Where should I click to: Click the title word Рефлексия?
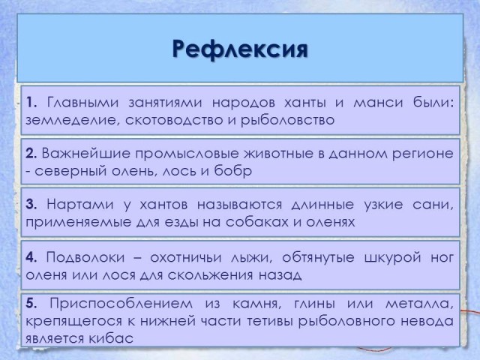(240, 49)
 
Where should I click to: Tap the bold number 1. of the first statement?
(31, 102)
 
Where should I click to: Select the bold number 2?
(31, 153)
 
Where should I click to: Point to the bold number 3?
(31, 204)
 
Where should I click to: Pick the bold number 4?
(31, 257)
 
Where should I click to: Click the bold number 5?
(31, 304)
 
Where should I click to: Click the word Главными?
(82, 103)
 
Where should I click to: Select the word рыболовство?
(287, 120)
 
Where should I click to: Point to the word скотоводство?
(175, 120)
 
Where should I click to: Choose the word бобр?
(232, 171)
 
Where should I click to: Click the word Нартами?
(80, 204)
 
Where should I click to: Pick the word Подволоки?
(85, 257)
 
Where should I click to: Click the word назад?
(280, 275)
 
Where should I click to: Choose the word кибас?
(111, 338)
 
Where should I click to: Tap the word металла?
(419, 304)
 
